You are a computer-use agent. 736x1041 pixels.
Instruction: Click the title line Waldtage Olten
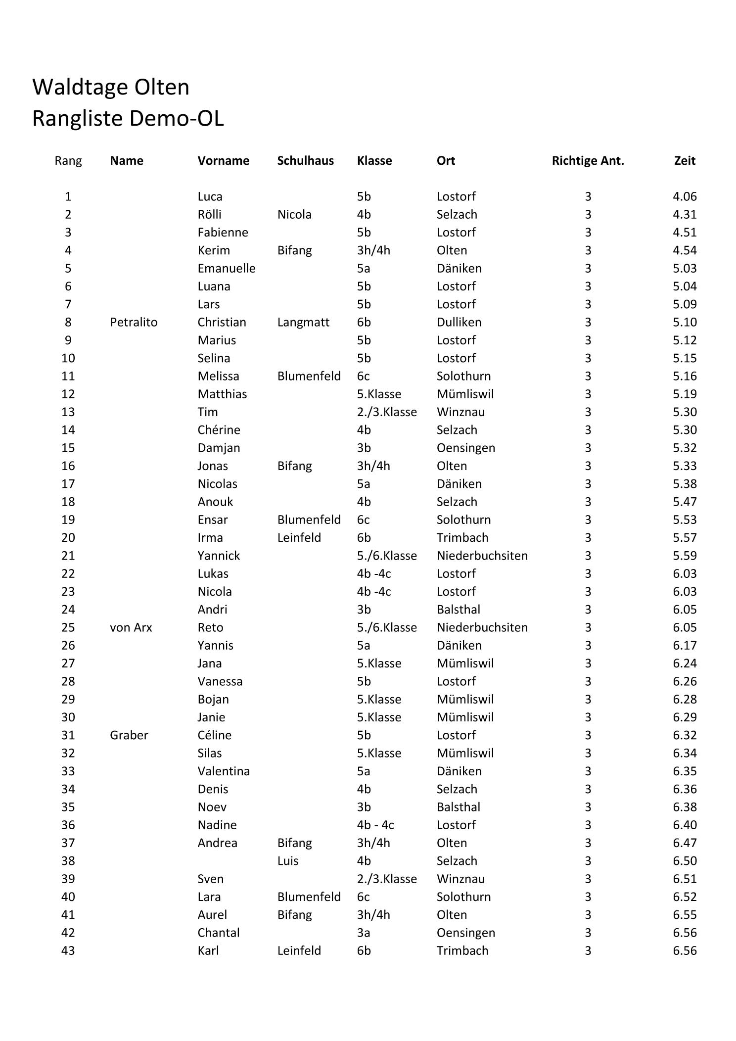111,87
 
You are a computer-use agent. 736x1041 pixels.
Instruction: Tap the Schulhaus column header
305,161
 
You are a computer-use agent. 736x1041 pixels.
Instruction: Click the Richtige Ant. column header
588,161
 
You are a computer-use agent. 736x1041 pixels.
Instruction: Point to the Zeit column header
685,161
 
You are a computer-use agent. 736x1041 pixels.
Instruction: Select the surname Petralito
134,322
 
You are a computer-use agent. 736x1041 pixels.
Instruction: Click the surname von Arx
131,627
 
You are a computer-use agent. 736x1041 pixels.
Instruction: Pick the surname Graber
129,735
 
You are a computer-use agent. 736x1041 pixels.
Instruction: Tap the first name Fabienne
223,233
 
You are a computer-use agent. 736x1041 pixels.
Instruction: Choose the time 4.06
685,196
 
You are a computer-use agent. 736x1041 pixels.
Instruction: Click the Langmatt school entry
303,322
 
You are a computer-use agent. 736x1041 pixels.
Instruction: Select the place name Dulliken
459,322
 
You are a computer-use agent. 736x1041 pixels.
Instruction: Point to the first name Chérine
219,430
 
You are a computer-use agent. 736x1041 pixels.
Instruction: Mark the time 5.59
685,556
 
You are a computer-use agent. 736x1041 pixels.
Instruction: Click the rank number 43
68,950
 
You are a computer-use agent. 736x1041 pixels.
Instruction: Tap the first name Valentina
224,771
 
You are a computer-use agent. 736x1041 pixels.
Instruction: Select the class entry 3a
364,933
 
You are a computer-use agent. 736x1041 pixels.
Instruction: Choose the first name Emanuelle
227,268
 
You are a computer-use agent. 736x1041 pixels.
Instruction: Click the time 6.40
685,825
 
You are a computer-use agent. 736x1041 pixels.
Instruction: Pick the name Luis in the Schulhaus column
288,861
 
